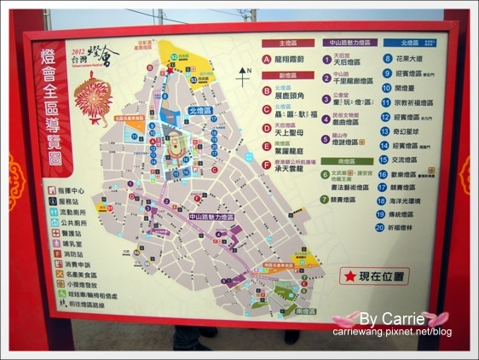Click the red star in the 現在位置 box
click(350, 276)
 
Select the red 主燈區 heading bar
click(285, 42)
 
